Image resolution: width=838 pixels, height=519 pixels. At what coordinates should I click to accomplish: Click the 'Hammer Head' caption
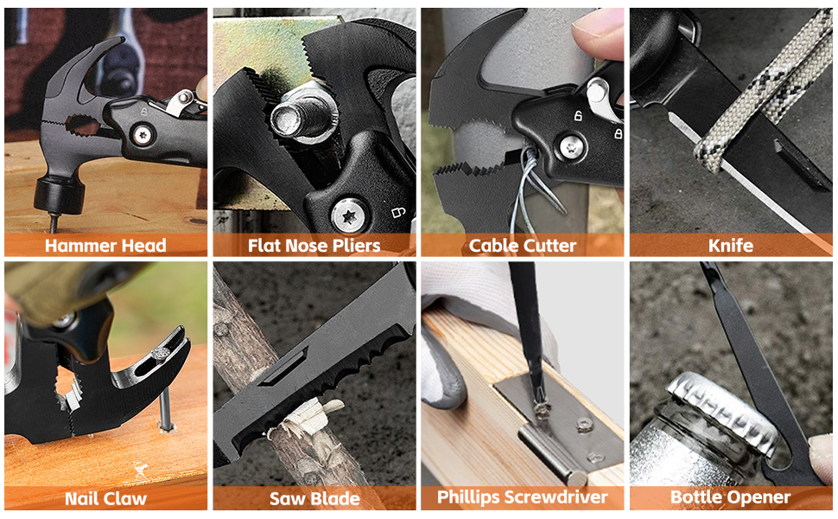tap(105, 246)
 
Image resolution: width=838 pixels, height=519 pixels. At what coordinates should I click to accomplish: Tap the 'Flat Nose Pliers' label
tap(314, 246)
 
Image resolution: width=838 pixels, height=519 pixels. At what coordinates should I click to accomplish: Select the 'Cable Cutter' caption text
tap(522, 246)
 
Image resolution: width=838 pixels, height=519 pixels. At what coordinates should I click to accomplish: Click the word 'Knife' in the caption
tap(730, 246)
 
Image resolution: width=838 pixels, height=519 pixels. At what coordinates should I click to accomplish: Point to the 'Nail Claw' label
tap(105, 498)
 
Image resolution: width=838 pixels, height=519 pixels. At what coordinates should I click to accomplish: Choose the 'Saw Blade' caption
tap(314, 498)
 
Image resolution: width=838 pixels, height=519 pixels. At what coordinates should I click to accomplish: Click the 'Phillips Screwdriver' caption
tap(522, 498)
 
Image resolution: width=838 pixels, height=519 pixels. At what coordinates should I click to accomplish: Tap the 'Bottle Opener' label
tap(730, 498)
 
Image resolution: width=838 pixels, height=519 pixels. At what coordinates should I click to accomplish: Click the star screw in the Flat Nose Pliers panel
tap(353, 210)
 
